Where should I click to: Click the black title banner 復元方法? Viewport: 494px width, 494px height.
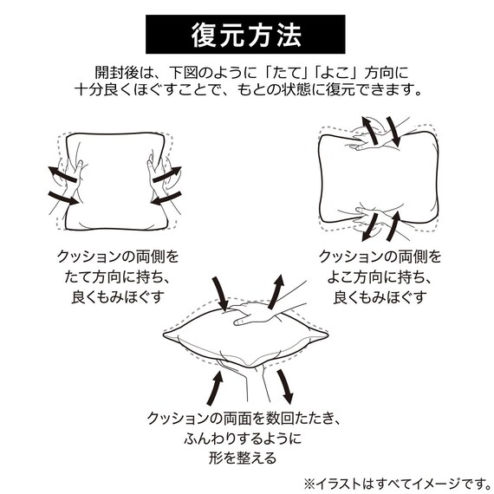pos(245,34)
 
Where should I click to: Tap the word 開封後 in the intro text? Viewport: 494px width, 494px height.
pos(116,73)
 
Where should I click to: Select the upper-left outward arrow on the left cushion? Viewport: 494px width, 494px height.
pos(62,174)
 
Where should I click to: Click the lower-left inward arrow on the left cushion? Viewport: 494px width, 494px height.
pos(63,198)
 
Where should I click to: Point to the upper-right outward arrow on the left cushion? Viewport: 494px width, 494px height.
pos(167,174)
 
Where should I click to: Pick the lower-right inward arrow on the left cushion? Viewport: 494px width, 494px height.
pos(166,198)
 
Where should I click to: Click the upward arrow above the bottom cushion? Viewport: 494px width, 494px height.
pos(276,291)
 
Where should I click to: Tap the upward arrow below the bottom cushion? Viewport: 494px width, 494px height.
pos(215,387)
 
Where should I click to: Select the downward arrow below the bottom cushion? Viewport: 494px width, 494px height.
pos(285,387)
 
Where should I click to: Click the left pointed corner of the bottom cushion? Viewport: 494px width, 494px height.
pos(164,335)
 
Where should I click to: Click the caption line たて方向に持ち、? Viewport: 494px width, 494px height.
pos(118,277)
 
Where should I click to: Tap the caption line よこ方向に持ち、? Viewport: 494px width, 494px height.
pos(380,277)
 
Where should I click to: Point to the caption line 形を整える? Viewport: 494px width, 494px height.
pos(243,458)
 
